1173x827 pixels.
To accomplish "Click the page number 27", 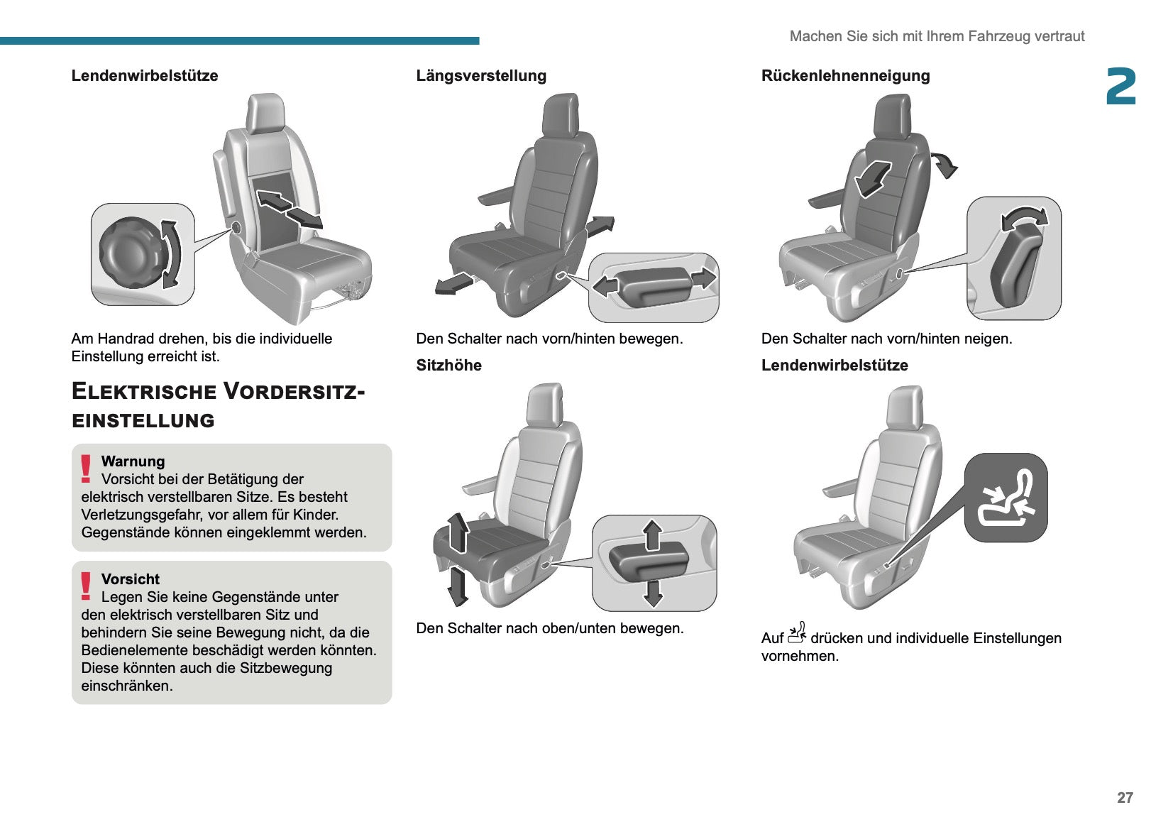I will tap(1125, 797).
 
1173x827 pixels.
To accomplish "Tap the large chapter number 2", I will tap(1120, 87).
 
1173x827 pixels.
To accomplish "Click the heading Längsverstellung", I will tap(481, 76).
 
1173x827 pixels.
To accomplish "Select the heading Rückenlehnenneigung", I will tap(845, 76).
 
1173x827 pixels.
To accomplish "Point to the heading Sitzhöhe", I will tap(448, 366).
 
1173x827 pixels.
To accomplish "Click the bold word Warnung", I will tap(133, 461).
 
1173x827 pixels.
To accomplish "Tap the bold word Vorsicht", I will tap(131, 579).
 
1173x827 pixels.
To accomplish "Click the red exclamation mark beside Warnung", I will tap(86, 469).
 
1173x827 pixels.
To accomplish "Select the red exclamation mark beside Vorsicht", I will tap(86, 587).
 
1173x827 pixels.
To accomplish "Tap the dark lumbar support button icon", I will tap(1006, 498).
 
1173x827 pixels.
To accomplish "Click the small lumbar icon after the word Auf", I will tap(797, 633).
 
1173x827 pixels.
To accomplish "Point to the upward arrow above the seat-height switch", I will tap(652, 534).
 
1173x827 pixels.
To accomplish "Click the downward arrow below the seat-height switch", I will tap(652, 593).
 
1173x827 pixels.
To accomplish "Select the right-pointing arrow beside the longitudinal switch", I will tap(703, 278).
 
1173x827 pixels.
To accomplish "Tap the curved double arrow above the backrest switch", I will tap(1023, 218).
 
